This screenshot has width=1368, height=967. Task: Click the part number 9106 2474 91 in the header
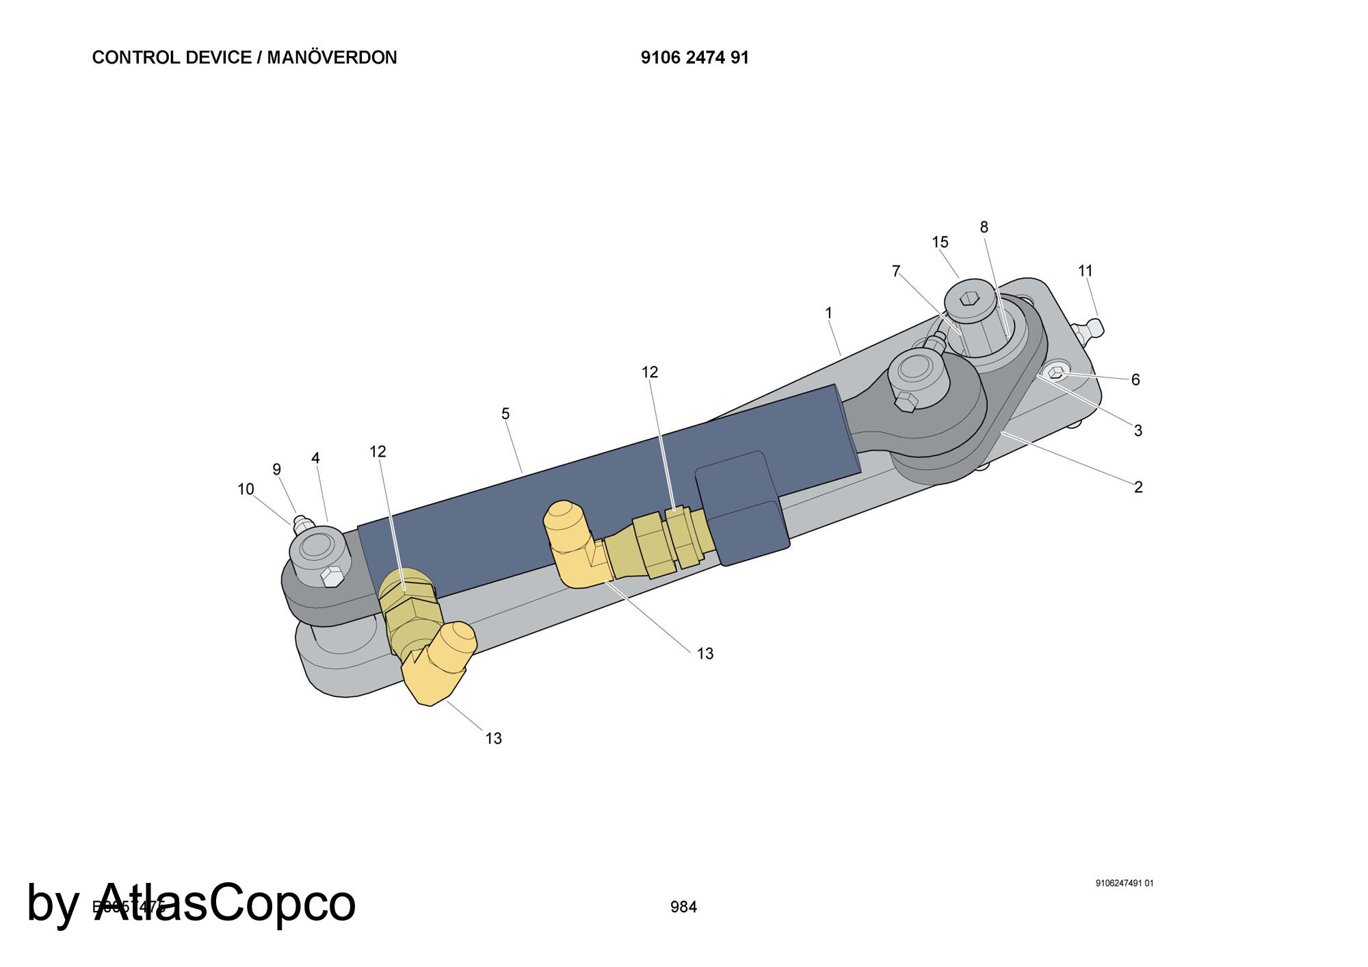pos(694,57)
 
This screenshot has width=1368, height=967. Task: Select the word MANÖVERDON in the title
pos(332,57)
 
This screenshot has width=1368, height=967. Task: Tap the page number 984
pos(683,907)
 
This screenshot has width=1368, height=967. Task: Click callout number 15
pos(940,242)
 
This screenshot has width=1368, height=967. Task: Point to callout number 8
pos(984,227)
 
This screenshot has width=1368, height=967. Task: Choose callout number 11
pos(1086,271)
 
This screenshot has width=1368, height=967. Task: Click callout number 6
pos(1135,380)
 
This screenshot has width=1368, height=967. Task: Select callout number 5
pos(505,414)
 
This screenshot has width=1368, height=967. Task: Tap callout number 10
pos(246,489)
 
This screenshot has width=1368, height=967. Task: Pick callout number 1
pos(829,313)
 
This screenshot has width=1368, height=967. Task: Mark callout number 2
pos(1138,487)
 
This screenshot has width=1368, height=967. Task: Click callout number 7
pos(896,271)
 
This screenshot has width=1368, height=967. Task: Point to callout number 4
pos(315,458)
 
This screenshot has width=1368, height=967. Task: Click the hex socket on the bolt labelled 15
pos(969,298)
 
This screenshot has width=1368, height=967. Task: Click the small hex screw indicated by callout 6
pos(1057,372)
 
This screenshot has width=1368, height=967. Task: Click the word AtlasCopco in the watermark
pos(225,903)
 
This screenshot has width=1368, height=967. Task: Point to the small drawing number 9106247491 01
pos(1124,883)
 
